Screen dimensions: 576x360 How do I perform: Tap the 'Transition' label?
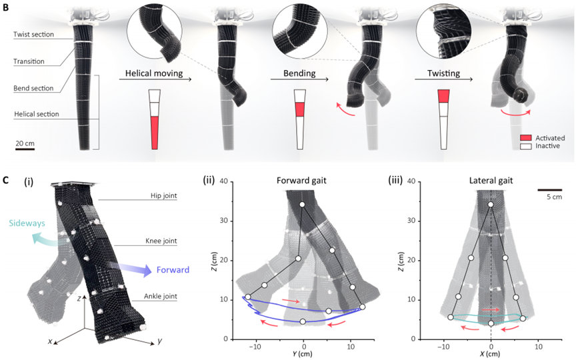[x=30, y=61]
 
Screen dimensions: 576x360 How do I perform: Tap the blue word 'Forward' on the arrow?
[x=171, y=270]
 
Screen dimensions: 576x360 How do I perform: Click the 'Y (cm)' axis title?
[x=304, y=355]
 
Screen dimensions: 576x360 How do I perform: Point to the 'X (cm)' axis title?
[x=491, y=355]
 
